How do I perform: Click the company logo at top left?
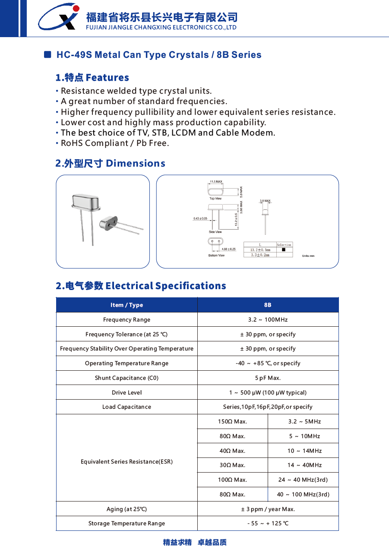click(x=59, y=17)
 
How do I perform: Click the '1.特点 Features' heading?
click(x=92, y=78)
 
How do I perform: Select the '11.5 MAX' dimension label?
click(x=216, y=182)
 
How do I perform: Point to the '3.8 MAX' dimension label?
click(x=265, y=201)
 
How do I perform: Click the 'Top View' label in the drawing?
click(x=215, y=199)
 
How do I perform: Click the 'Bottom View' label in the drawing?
click(x=216, y=255)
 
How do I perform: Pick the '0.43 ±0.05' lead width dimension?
click(x=200, y=218)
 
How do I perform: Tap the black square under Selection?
click(x=284, y=249)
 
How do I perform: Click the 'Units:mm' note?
click(x=308, y=256)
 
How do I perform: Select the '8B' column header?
click(x=268, y=305)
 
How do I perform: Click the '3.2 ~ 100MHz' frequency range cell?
click(x=268, y=320)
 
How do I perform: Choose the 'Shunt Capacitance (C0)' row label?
click(x=127, y=378)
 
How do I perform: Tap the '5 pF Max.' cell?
click(x=268, y=378)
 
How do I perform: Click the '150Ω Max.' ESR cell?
click(x=232, y=422)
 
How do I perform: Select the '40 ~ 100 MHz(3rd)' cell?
click(x=303, y=495)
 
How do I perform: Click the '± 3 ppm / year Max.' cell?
click(x=268, y=509)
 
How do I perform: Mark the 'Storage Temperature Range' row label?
click(x=127, y=524)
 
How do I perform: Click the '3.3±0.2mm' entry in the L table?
click(x=260, y=255)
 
